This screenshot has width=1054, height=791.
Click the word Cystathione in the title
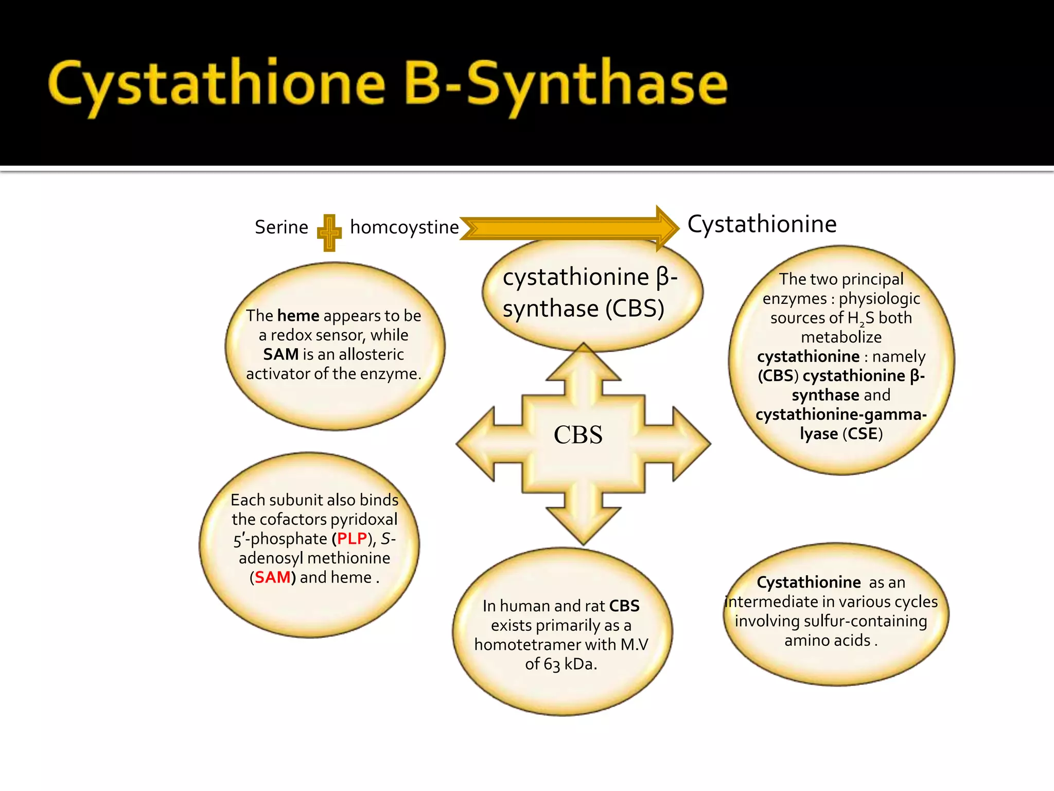(x=216, y=85)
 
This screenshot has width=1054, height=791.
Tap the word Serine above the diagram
(x=281, y=227)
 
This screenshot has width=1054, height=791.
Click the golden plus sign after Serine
(x=329, y=233)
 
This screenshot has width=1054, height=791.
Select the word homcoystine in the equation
(x=404, y=227)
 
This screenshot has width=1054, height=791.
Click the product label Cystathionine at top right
(x=762, y=224)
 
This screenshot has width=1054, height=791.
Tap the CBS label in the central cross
(x=578, y=435)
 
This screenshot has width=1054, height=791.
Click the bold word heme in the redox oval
(x=298, y=315)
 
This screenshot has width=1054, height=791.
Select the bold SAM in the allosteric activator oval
(x=280, y=354)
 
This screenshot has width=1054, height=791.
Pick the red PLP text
(x=352, y=539)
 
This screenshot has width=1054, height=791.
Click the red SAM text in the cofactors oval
(x=273, y=577)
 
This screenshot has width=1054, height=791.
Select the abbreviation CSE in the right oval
(x=862, y=434)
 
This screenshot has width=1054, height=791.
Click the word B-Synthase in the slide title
(x=566, y=85)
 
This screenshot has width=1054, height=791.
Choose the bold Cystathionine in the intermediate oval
(x=809, y=582)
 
